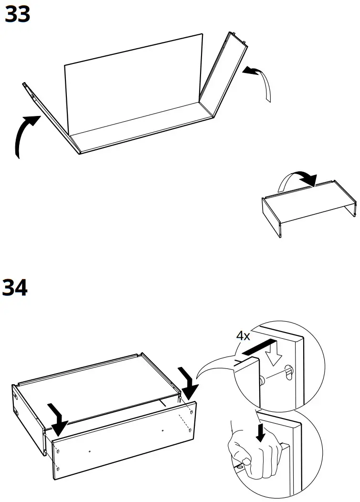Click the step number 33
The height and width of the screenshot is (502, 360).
(x=17, y=15)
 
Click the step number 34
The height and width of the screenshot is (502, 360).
(x=15, y=288)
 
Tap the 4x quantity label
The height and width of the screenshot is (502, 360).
(x=243, y=336)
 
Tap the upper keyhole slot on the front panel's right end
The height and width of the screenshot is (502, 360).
(x=191, y=410)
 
